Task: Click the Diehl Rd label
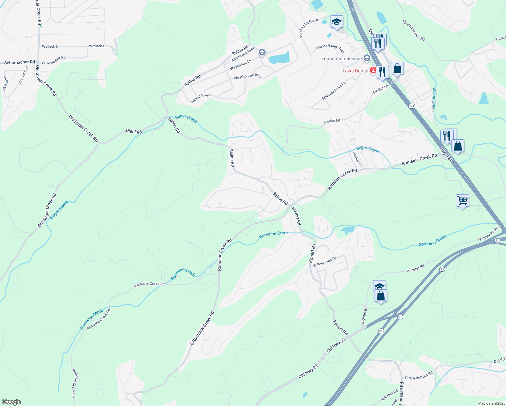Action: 134,131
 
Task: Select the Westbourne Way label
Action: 247,76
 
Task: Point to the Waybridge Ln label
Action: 240,65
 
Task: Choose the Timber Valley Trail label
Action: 329,48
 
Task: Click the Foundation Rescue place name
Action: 341,59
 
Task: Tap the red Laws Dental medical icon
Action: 373,70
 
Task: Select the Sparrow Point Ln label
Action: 333,91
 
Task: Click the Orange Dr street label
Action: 357,159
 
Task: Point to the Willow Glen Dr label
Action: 324,262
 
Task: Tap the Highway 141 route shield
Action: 412,106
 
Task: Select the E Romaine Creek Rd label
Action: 202,329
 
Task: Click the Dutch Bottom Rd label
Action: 419,376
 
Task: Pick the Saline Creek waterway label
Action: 434,99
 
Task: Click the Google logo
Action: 11,402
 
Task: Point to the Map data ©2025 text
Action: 491,403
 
